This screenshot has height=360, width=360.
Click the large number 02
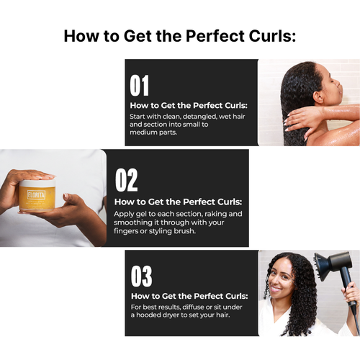click(126, 180)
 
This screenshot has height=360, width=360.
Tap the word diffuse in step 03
click(189, 307)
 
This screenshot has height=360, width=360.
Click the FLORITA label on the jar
click(37, 194)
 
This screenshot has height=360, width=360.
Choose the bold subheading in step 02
click(178, 202)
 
